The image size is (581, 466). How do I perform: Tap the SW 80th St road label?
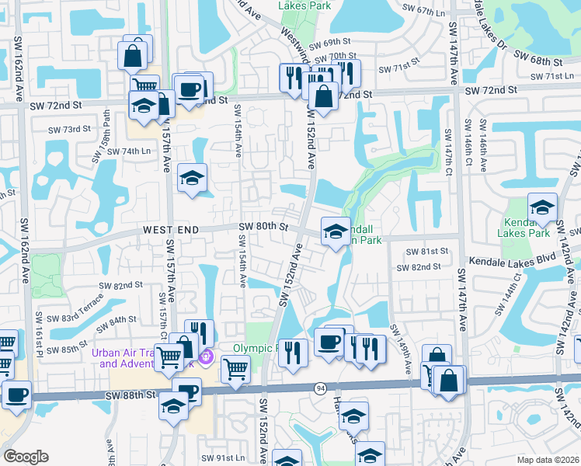[x=263, y=227]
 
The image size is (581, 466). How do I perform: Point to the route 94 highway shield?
[x=320, y=388]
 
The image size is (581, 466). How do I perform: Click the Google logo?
[x=26, y=457]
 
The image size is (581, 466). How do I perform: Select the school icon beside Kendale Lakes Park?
[x=542, y=207]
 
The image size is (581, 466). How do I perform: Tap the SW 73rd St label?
[x=67, y=130]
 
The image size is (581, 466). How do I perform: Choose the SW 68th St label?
[x=536, y=61]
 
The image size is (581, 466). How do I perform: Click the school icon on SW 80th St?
[x=335, y=232]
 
